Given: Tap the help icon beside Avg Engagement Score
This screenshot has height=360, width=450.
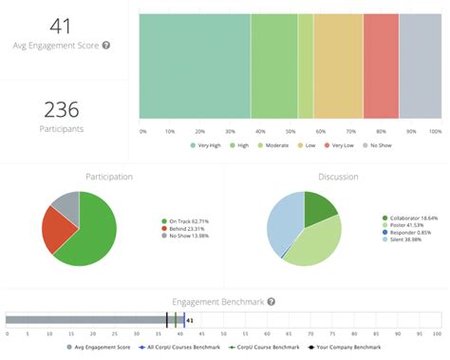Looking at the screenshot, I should pyautogui.click(x=106, y=45).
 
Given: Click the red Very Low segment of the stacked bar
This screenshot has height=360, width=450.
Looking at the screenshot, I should pyautogui.click(x=381, y=66).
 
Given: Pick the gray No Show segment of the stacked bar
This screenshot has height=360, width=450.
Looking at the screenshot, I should pyautogui.click(x=420, y=66).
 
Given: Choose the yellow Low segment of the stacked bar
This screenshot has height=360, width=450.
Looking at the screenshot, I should pyautogui.click(x=338, y=66).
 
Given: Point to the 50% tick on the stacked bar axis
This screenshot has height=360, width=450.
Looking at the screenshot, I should pyautogui.click(x=291, y=131).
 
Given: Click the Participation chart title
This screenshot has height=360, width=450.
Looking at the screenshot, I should pyautogui.click(x=109, y=177).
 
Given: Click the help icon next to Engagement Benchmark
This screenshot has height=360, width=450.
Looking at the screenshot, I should pyautogui.click(x=272, y=301).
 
